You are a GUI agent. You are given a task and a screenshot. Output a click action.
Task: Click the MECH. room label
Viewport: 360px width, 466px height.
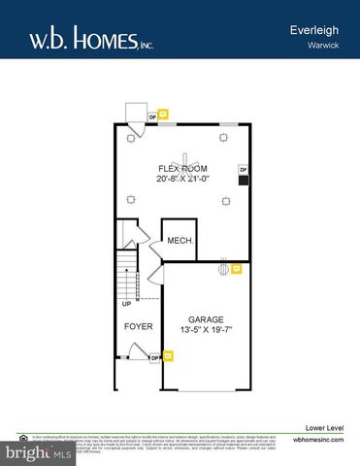[x=179, y=241]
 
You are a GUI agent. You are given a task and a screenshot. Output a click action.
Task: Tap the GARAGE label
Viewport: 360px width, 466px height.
[x=206, y=319]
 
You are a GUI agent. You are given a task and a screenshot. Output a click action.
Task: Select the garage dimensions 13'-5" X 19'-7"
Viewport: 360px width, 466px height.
[x=206, y=331]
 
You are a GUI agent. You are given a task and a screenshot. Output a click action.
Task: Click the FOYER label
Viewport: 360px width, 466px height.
[x=138, y=327]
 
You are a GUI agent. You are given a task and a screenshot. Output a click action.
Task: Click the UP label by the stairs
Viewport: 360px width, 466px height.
[x=126, y=303]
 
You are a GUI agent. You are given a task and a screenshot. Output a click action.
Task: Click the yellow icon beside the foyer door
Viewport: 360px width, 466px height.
[x=167, y=357]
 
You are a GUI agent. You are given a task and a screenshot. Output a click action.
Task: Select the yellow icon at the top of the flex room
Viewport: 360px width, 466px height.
[x=164, y=117]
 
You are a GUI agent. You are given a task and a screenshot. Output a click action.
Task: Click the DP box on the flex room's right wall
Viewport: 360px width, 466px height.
[x=243, y=170]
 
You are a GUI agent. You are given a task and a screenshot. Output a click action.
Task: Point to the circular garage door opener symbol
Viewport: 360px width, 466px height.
[x=222, y=268]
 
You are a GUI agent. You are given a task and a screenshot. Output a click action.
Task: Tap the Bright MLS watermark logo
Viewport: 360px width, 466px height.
[x=39, y=452]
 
